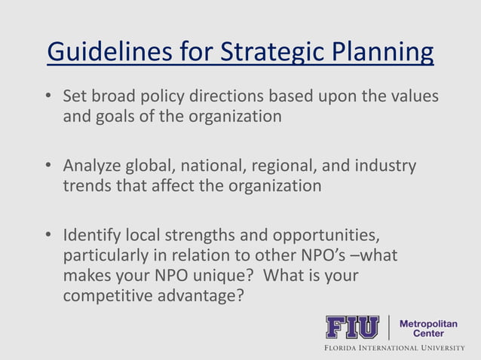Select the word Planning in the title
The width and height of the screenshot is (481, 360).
(x=384, y=53)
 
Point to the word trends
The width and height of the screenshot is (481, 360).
(x=87, y=185)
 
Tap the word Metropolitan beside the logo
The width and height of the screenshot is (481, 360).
(x=427, y=323)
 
